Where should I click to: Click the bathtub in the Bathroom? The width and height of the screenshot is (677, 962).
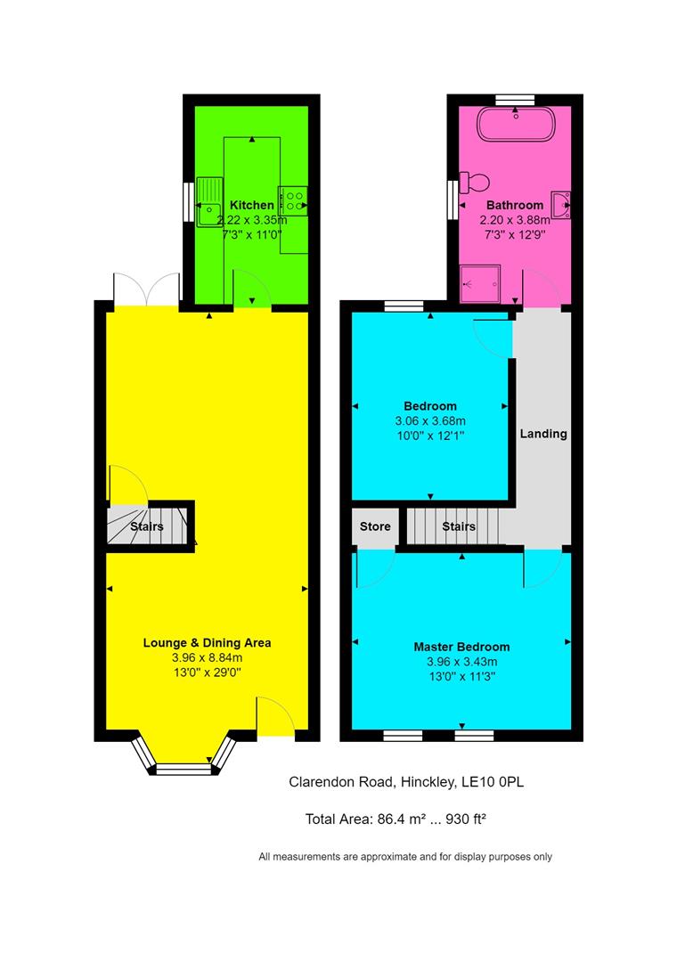[x=517, y=124]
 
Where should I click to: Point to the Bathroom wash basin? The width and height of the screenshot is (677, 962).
[x=561, y=204]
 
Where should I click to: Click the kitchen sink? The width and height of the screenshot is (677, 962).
[x=209, y=201]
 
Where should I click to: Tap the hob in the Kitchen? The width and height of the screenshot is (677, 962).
[x=294, y=200]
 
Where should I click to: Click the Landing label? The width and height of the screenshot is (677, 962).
[x=543, y=434]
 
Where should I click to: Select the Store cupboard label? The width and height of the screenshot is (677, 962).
[x=375, y=526]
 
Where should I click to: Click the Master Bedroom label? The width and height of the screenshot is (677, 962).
[x=461, y=647]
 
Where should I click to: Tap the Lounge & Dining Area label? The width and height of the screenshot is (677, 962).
[x=208, y=642]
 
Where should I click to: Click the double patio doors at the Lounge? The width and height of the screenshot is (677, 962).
[x=147, y=289]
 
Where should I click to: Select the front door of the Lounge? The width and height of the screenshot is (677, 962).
[x=275, y=717]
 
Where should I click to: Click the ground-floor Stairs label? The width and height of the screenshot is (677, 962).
[x=147, y=526]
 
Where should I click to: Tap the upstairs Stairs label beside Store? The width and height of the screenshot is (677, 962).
[x=459, y=526]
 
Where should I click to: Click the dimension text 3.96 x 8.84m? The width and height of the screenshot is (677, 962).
[x=208, y=658]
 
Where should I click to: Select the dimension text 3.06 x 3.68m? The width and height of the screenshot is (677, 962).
[x=431, y=421]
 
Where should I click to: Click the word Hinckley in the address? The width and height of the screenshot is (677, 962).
[x=426, y=782]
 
